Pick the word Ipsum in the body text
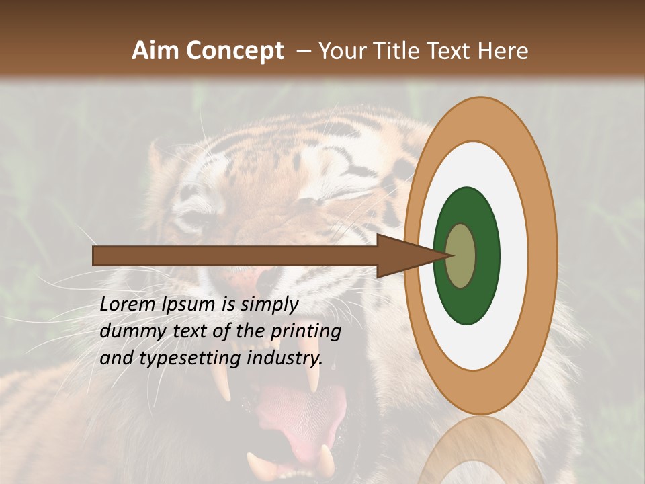point(189,305)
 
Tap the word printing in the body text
point(305,331)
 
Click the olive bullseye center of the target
point(461,255)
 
